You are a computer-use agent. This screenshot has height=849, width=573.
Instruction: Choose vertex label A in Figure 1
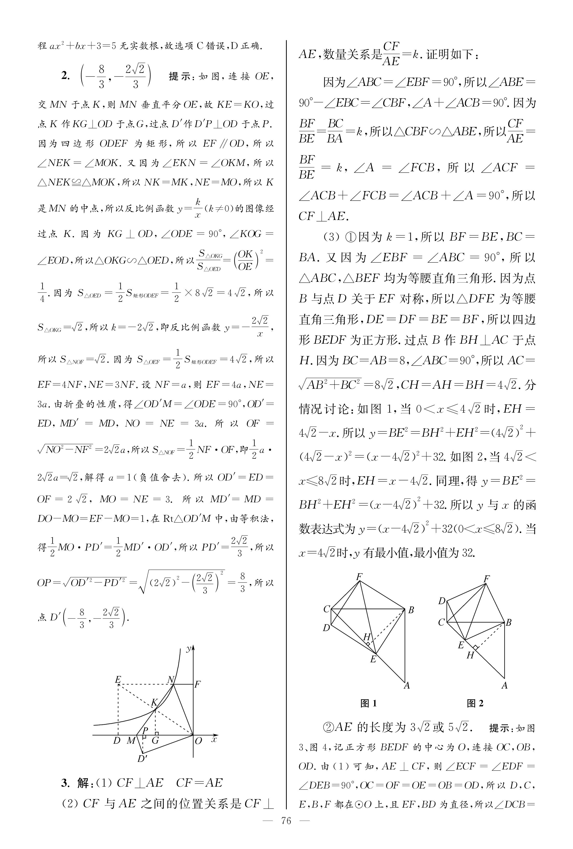point(407,685)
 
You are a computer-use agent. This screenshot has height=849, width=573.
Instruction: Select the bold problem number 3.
point(65,783)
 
